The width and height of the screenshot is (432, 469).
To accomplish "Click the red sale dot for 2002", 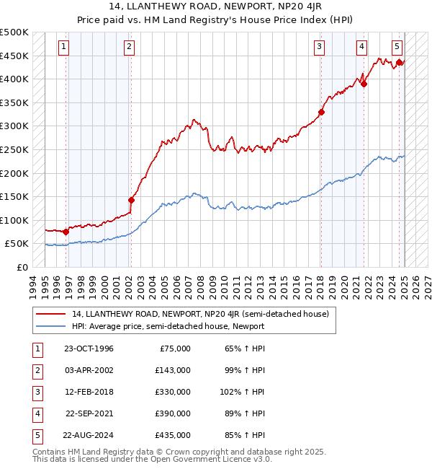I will pos(132,200).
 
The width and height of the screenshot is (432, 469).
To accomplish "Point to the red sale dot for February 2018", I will pos(321,112).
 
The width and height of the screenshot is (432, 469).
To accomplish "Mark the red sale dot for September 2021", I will pos(364,84).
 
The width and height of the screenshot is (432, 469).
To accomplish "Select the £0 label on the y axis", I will pos(22,267).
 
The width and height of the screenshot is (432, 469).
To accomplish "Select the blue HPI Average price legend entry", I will pos(168,326).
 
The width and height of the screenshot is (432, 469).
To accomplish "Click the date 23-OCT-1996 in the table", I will pos(89,349).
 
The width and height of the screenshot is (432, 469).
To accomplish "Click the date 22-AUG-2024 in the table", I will pos(89,435).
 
